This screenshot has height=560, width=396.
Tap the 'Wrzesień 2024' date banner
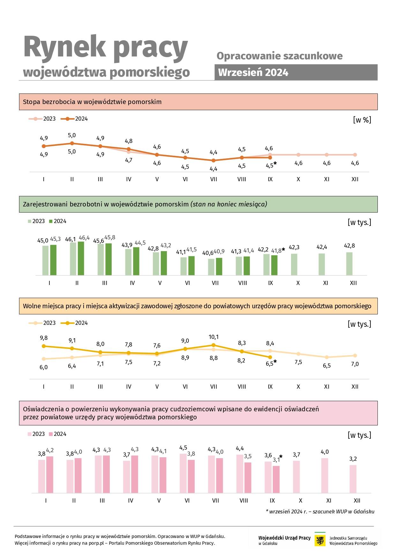296,72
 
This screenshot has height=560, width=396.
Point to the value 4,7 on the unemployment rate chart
129,160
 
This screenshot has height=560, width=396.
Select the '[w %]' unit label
362,120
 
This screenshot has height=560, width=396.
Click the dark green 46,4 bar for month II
81,258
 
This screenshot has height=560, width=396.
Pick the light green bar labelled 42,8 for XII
349,264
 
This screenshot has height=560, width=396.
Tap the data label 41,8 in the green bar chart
276,251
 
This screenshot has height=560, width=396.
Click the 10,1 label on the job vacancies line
213,337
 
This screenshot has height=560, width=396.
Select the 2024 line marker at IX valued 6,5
270,357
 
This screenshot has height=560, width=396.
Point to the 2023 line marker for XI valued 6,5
326,357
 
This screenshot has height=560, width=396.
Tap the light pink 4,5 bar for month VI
183,473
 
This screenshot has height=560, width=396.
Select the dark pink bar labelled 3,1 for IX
276,479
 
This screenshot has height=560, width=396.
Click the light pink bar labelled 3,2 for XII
353,479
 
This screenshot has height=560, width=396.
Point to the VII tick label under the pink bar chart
215,501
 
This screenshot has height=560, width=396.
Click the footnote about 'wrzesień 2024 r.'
320,511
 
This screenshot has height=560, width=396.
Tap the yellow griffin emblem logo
320,541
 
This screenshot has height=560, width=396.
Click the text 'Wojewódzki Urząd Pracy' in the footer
284,538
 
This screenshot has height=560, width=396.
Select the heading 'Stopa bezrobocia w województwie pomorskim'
92,102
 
